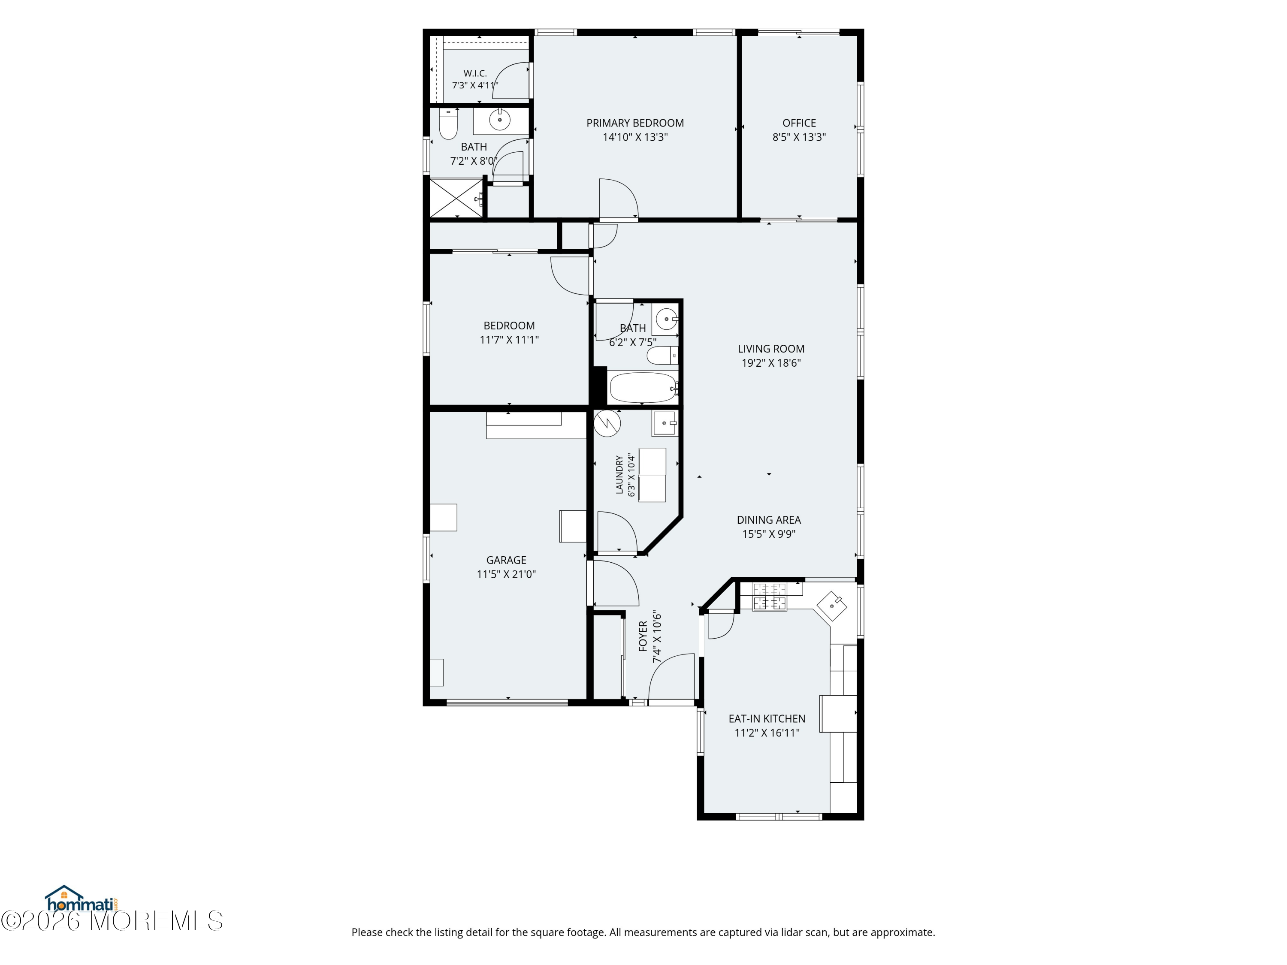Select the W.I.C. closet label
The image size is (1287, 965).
[475, 74]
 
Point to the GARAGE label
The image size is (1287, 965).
[506, 560]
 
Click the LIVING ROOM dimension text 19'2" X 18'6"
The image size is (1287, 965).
[771, 363]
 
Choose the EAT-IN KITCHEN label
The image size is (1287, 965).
[767, 719]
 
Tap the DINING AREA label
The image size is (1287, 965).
[769, 520]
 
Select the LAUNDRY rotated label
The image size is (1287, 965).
[619, 475]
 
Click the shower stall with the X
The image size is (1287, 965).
[456, 198]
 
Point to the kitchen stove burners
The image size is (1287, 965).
[770, 597]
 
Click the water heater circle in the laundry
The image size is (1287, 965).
[607, 423]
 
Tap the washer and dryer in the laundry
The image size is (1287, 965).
[652, 475]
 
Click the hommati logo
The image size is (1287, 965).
[82, 900]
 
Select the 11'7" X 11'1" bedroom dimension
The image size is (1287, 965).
[509, 340]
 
